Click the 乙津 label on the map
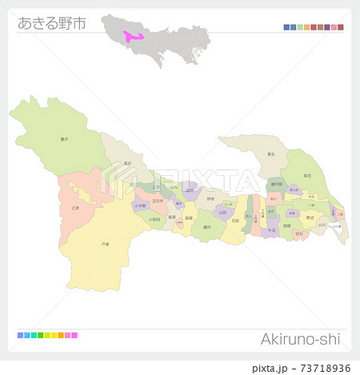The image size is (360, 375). coord(75,207)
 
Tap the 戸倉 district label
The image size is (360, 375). coord(105,243)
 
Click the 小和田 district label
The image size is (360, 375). coord(154,218)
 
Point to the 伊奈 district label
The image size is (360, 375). coord(210,199)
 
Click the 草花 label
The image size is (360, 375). coord(308,174)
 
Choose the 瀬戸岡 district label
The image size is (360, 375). coord(276,184)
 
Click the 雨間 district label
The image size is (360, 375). coord(286,225)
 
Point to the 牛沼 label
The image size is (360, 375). coord(271,230)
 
